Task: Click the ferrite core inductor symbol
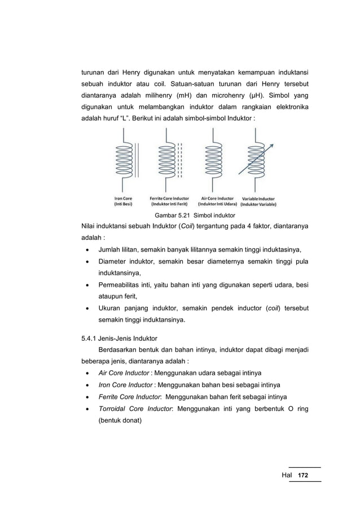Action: point(169,161)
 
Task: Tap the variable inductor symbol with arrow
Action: point(258,161)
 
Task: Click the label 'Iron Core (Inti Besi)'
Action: point(123,201)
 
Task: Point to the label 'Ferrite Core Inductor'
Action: point(169,199)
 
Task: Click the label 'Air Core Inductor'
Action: point(217,199)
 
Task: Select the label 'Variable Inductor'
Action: point(258,199)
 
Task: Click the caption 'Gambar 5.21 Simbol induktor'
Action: point(194,216)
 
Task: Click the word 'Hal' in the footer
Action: point(287,476)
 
